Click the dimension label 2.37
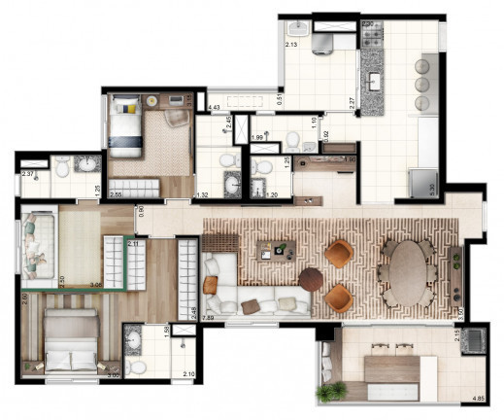pos(28,175)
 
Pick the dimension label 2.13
pos(291,45)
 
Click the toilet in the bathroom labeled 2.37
pos(62,168)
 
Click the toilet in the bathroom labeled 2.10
pos(137,367)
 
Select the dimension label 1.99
pos(258,138)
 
